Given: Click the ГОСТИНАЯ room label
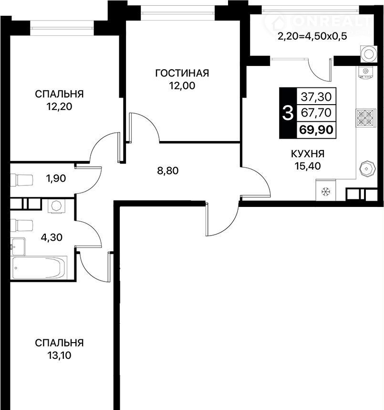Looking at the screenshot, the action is [x=182, y=73].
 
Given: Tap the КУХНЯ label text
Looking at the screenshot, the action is [x=308, y=154].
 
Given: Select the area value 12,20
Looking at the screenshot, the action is [x=59, y=107].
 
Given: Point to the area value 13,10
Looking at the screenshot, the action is [x=59, y=356].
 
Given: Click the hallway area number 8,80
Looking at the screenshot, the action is [x=168, y=171].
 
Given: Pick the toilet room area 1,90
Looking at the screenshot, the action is [x=56, y=178].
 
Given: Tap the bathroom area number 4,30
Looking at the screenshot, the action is [x=52, y=237].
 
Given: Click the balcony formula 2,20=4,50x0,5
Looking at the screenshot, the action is [x=312, y=36].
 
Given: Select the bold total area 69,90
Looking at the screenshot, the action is [x=316, y=129].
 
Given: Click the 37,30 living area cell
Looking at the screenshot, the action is [x=316, y=97].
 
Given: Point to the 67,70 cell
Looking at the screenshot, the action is [x=316, y=113].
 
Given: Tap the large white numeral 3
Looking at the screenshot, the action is [x=288, y=114].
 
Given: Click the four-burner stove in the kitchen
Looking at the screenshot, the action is [x=365, y=118].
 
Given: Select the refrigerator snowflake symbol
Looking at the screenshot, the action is [x=326, y=192].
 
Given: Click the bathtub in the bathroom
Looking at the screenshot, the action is [x=39, y=268].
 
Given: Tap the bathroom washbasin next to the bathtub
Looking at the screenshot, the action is [x=18, y=247].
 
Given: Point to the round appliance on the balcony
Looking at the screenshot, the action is [x=369, y=54].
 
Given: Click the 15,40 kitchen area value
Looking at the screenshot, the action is [x=308, y=166].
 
